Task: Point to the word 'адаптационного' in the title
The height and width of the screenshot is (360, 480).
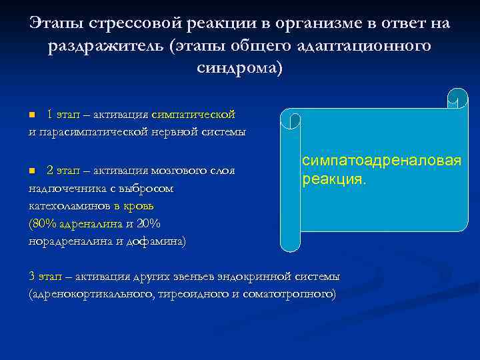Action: click(x=359, y=46)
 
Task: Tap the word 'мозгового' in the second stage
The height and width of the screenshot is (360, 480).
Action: click(x=180, y=171)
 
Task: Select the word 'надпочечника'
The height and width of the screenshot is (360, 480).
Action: click(x=64, y=189)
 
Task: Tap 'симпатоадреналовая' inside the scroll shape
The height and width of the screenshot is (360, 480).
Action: click(x=381, y=162)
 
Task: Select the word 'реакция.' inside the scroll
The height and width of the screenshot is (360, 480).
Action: click(x=333, y=180)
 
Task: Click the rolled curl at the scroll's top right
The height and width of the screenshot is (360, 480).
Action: click(x=457, y=99)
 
